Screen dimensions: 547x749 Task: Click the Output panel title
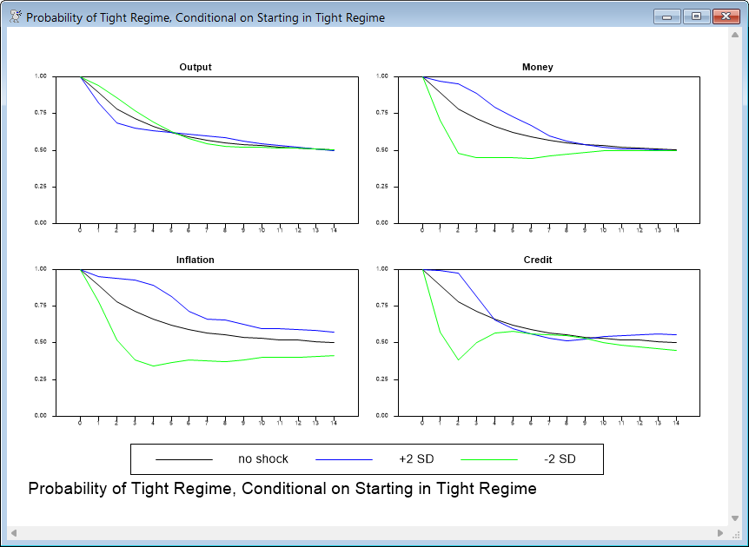[195, 67]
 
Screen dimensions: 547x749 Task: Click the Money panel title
[537, 67]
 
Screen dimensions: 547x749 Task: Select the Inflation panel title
[195, 260]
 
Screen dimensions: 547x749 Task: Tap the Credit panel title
[537, 260]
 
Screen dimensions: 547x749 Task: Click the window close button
[725, 16]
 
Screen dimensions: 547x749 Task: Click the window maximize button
[696, 16]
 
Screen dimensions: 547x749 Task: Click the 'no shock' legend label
[262, 458]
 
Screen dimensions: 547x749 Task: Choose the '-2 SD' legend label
[560, 458]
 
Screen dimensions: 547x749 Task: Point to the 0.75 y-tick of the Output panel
[41, 113]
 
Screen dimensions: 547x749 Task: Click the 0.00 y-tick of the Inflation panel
[41, 415]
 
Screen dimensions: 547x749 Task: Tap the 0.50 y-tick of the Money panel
[382, 149]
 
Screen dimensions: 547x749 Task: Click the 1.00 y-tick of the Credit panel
[382, 268]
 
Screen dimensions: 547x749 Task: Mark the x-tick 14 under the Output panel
[335, 229]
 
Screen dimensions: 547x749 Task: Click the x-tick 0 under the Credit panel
[422, 422]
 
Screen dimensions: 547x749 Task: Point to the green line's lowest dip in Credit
[458, 359]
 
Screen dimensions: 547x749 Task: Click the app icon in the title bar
[15, 16]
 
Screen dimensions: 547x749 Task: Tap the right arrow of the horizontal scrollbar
[720, 532]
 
